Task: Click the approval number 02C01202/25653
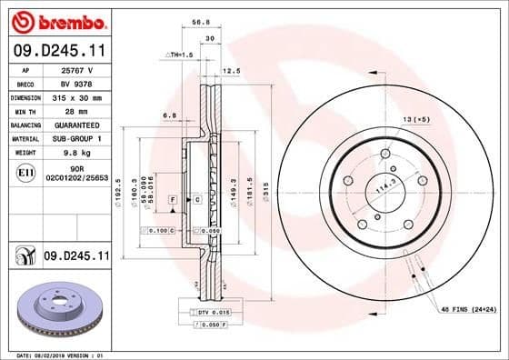tap(75, 179)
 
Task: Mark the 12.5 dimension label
tap(232, 69)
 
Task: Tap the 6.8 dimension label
tap(169, 115)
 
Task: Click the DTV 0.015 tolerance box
tap(209, 312)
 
